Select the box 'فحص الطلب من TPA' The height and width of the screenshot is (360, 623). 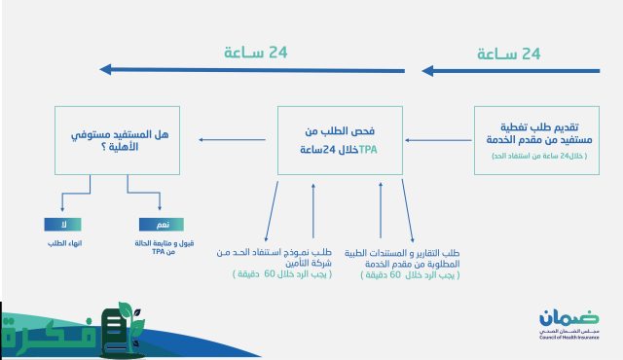click(x=340, y=141)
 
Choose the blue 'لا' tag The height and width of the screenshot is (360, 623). click(x=64, y=223)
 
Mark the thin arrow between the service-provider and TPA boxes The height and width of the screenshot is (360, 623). click(x=438, y=142)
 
